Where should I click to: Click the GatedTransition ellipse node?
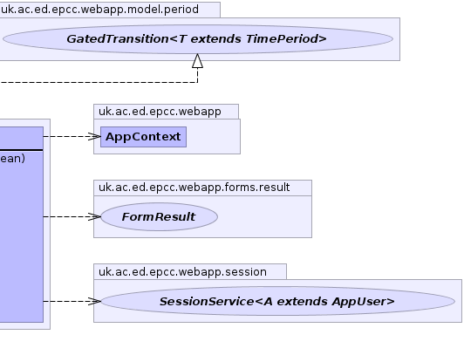click(x=198, y=39)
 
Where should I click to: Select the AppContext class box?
click(x=144, y=137)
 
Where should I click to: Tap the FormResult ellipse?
click(x=160, y=216)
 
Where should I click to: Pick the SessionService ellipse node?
click(x=278, y=301)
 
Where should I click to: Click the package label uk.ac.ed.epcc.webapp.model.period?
click(x=99, y=10)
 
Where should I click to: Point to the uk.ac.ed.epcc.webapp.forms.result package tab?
click(x=202, y=188)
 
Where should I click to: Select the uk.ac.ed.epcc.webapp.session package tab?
click(x=190, y=272)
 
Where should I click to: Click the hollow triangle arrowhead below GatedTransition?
click(x=198, y=61)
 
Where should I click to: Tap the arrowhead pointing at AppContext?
click(x=95, y=136)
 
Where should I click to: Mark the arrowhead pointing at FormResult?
click(x=95, y=216)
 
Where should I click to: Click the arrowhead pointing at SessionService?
click(x=95, y=301)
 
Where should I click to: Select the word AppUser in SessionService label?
click(x=363, y=302)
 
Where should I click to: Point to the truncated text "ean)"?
click(x=12, y=159)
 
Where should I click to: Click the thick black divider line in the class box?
click(x=21, y=150)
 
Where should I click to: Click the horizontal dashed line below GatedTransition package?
click(x=99, y=82)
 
